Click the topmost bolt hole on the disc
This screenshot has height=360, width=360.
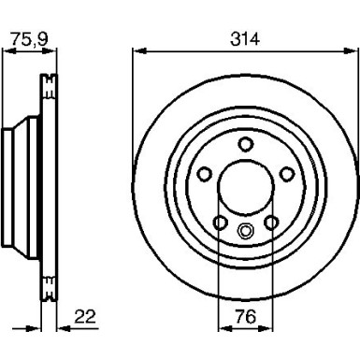click(245, 143)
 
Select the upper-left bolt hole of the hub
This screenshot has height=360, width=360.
click(206, 173)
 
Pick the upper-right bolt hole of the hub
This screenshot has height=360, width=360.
click(285, 173)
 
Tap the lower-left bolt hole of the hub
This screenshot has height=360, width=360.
click(221, 222)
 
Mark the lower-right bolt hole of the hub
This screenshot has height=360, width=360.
click(270, 222)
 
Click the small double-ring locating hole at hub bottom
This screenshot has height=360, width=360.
click(245, 233)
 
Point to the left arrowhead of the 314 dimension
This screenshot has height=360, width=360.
click(135, 52)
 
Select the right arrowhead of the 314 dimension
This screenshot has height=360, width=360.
click(355, 52)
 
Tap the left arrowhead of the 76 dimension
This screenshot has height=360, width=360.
click(222, 328)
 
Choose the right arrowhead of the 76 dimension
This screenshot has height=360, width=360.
click(268, 328)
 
